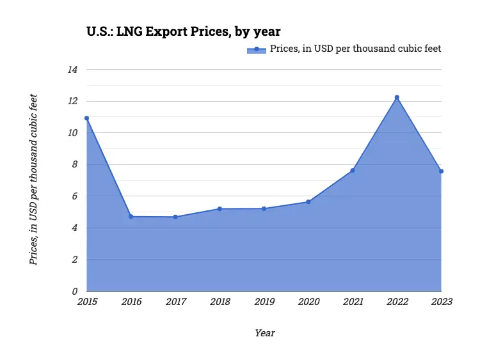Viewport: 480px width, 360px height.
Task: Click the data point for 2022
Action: click(397, 97)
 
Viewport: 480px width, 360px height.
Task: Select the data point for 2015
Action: click(86, 118)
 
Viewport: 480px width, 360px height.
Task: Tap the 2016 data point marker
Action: click(131, 217)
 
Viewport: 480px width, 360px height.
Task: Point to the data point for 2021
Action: click(353, 170)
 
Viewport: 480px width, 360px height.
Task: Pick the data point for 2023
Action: click(441, 171)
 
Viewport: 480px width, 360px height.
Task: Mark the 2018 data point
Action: click(220, 208)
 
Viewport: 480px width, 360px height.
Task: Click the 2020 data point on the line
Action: click(308, 202)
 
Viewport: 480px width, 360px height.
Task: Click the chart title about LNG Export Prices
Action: click(184, 31)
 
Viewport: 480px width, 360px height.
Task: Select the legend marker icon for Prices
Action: click(256, 49)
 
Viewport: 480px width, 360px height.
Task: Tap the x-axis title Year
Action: click(264, 333)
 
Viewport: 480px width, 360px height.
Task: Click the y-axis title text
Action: click(34, 180)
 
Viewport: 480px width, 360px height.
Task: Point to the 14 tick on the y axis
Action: click(72, 70)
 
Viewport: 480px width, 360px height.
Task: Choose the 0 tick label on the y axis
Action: click(74, 292)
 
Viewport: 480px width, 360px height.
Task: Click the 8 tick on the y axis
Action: click(74, 165)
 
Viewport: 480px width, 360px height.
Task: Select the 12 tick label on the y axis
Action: click(72, 102)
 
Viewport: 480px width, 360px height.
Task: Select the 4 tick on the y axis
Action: click(74, 228)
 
